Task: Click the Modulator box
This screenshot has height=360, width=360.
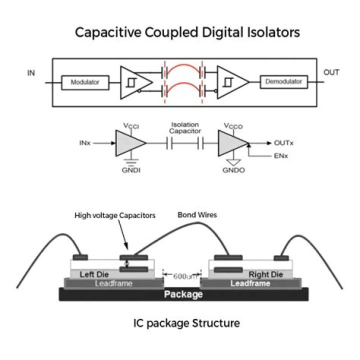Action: click(85, 82)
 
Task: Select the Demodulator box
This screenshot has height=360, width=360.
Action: click(284, 81)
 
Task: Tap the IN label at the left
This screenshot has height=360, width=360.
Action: click(31, 73)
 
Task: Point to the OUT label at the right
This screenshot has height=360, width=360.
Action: click(331, 72)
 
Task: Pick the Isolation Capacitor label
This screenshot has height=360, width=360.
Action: click(185, 128)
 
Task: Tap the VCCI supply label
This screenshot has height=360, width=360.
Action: click(131, 126)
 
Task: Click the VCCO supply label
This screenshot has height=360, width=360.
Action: click(233, 126)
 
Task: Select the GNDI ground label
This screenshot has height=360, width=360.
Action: click(131, 170)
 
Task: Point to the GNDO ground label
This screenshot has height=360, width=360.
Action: click(233, 170)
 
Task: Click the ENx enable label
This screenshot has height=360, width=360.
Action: click(281, 156)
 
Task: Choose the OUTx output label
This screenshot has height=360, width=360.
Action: click(284, 143)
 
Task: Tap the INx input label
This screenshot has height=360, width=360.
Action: click(85, 143)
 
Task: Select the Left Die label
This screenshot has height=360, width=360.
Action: click(94, 274)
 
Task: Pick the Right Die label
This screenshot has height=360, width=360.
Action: click(265, 274)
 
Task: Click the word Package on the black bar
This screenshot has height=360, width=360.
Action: click(183, 294)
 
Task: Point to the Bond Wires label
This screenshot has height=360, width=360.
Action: click(197, 215)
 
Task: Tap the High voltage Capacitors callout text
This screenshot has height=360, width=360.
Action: click(115, 215)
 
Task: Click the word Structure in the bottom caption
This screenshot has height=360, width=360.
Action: click(216, 323)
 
